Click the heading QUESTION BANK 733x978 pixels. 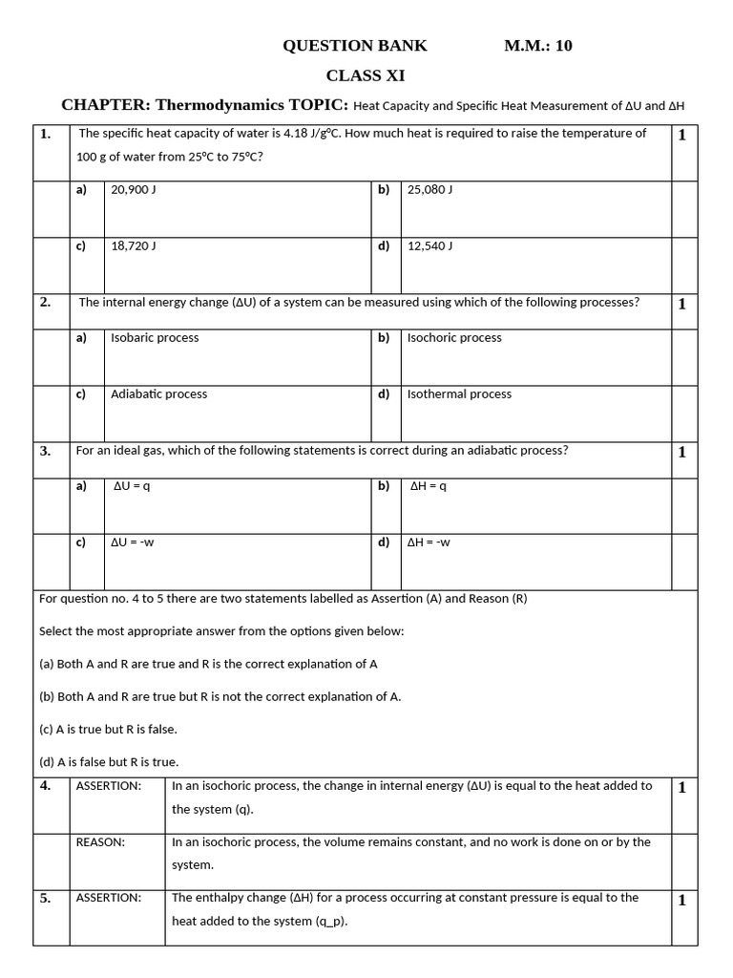355,46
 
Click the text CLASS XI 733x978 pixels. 358,75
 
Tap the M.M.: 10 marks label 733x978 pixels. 538,46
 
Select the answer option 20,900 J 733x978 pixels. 134,190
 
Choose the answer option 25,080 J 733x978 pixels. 429,190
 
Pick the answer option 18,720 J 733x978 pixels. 134,246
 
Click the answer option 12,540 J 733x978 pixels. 429,246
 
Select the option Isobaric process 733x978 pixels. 155,338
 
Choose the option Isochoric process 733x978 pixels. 454,338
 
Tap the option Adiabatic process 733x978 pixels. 158,394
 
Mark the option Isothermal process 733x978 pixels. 459,394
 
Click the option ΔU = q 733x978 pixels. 132,486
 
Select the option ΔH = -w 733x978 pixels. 429,542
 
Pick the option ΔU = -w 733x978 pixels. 133,542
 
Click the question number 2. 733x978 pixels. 45,303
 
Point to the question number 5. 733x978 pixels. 45,899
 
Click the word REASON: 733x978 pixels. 100,842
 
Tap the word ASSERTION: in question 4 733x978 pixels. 109,786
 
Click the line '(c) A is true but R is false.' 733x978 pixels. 108,729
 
